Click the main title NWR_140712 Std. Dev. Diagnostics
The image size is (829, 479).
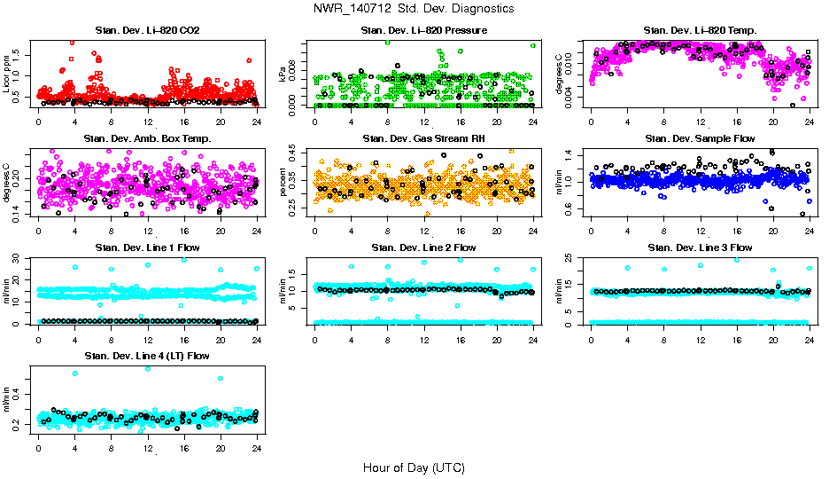coord(414,9)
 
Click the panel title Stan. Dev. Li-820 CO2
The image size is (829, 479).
coord(147,31)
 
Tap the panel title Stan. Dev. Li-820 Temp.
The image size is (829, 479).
coord(700,31)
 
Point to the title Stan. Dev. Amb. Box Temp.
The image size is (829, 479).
coord(147,138)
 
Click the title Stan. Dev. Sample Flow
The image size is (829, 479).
coord(700,138)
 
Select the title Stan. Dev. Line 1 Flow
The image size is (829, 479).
coord(147,247)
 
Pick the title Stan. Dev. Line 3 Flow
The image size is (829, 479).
coord(700,247)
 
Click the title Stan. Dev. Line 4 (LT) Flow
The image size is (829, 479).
coord(147,356)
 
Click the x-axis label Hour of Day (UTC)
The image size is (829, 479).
coord(414,467)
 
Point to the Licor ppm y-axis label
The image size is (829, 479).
coord(7,75)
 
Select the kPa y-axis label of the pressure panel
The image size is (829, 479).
coord(283,75)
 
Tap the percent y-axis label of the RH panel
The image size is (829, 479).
coord(283,183)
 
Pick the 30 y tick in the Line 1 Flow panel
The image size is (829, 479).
coord(19,258)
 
